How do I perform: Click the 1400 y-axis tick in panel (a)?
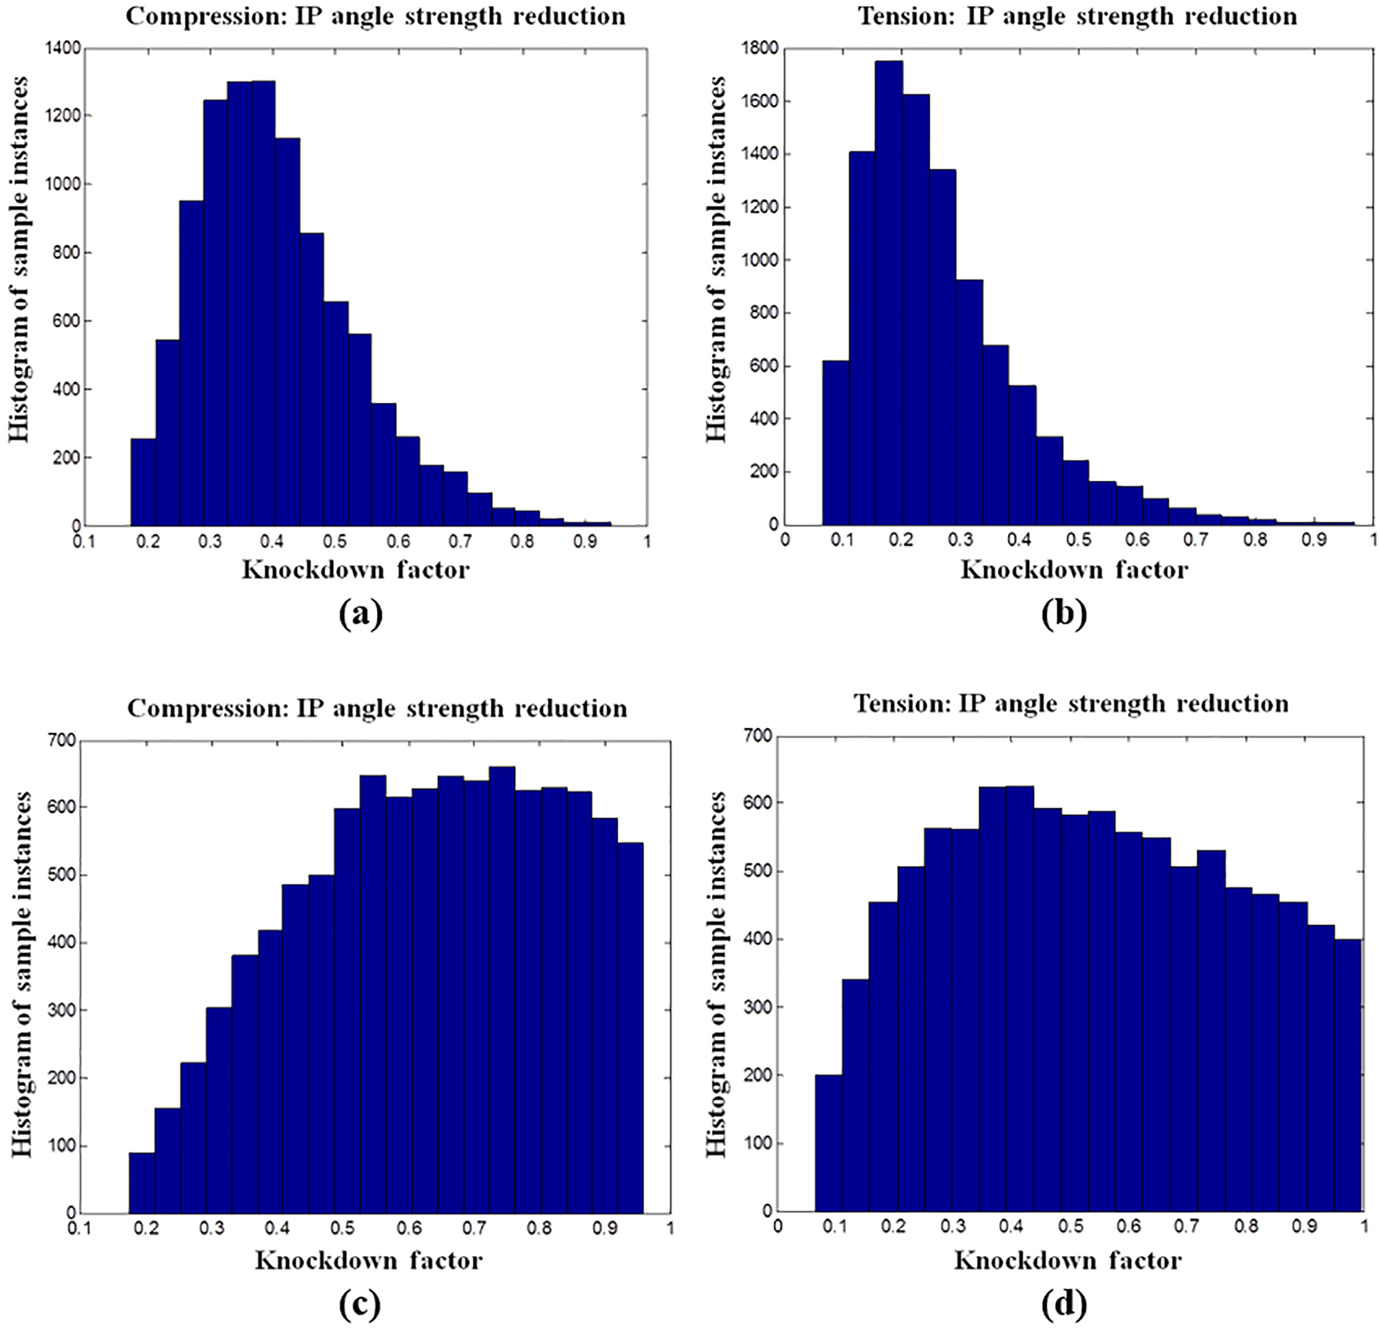point(63,49)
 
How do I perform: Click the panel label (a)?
point(360,614)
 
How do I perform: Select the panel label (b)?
point(1064,614)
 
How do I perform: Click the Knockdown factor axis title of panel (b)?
point(1073,569)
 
